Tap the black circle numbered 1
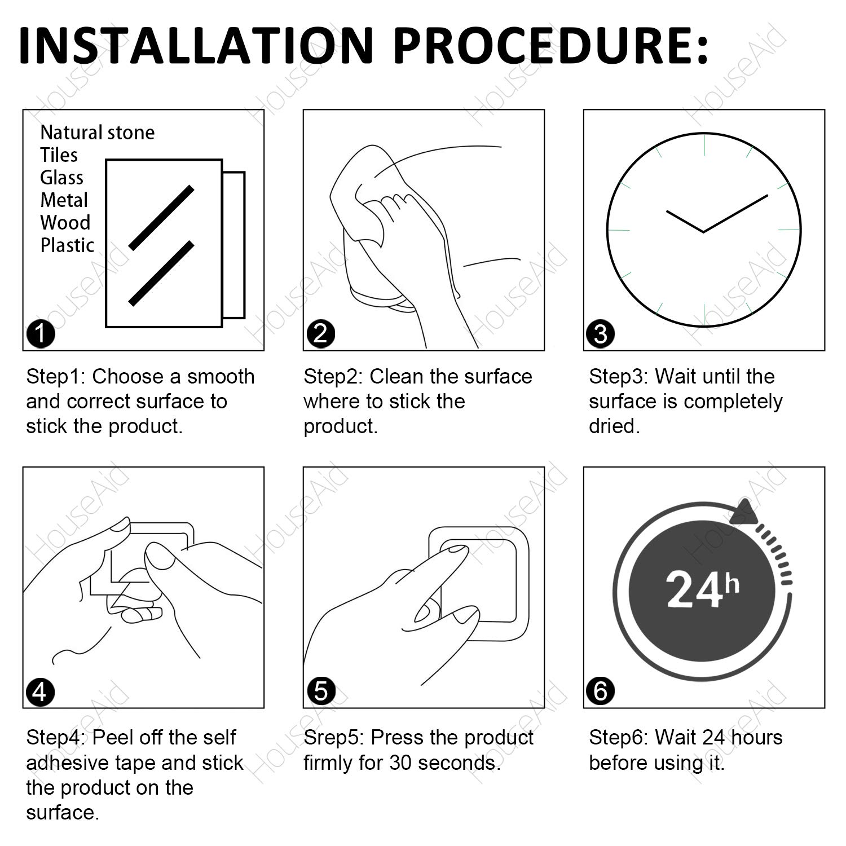click(41, 334)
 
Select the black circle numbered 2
click(321, 334)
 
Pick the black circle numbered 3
click(601, 334)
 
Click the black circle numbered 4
click(41, 691)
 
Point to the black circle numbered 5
click(321, 691)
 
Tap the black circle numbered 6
click(601, 691)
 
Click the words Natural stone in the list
click(97, 133)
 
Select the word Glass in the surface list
click(61, 178)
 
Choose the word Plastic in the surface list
click(67, 245)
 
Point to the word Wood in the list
click(65, 223)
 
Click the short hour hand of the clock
click(685, 221)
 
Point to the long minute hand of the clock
click(735, 213)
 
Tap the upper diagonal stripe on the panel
click(161, 218)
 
